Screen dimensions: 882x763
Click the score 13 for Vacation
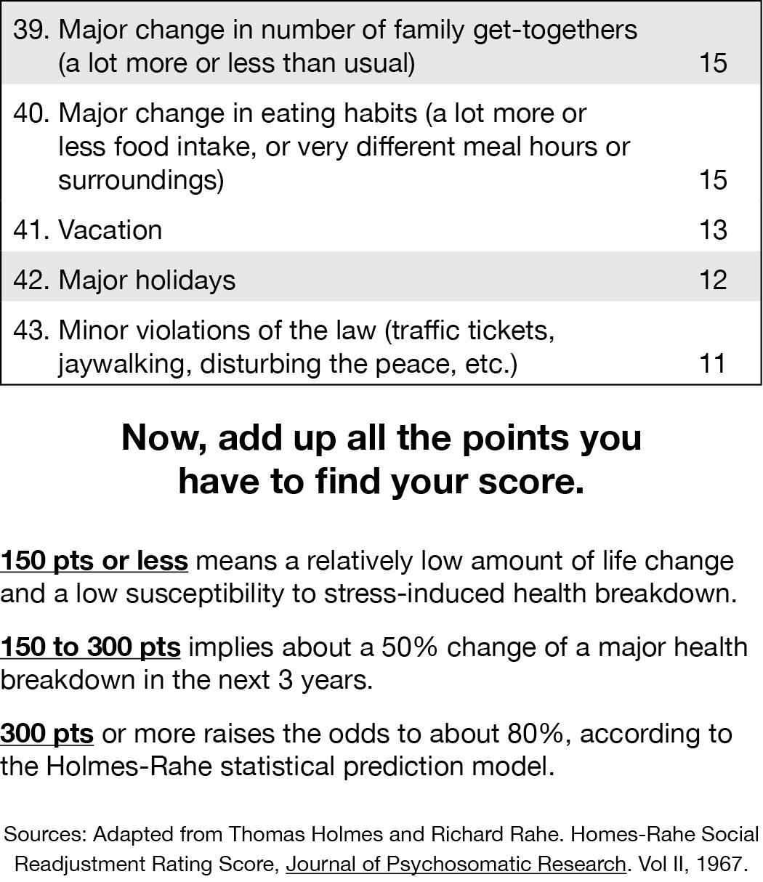[x=712, y=230]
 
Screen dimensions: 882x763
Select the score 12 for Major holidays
[x=712, y=280]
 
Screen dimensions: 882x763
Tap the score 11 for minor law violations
[x=712, y=363]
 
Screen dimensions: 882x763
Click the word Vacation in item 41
[x=110, y=230]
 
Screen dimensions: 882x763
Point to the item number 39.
[x=31, y=30]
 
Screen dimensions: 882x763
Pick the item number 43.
[x=31, y=331]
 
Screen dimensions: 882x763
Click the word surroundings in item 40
[x=141, y=179]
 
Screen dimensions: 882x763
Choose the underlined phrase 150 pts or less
[x=94, y=561]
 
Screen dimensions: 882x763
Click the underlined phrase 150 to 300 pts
[x=90, y=647]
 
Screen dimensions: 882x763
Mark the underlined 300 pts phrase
[x=47, y=734]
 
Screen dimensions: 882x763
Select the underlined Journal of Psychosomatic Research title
[x=456, y=865]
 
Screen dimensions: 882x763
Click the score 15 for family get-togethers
[x=712, y=63]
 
